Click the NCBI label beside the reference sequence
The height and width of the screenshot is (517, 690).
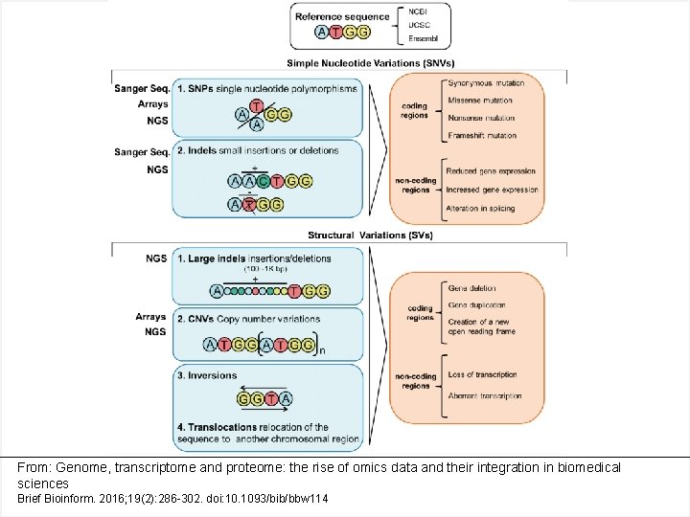click(x=418, y=11)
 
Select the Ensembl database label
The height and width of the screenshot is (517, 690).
click(x=425, y=39)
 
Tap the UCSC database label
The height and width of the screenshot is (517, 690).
click(x=419, y=26)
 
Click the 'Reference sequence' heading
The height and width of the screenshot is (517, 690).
click(x=342, y=16)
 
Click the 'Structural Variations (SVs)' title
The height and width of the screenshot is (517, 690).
click(x=370, y=236)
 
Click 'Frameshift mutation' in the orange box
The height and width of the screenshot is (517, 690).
click(x=485, y=136)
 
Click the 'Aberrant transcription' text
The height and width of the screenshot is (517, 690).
click(x=485, y=395)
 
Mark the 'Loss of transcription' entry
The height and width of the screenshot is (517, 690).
click(x=483, y=375)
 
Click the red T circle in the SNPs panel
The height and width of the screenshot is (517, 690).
click(x=256, y=105)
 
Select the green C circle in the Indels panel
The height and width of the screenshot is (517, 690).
click(x=275, y=181)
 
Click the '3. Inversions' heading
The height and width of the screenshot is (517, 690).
click(x=206, y=375)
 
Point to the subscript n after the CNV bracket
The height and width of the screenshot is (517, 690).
click(x=321, y=351)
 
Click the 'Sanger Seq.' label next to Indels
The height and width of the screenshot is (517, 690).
click(x=141, y=152)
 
